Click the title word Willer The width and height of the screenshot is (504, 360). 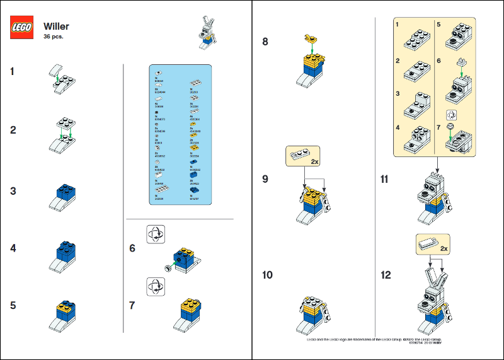[x=56, y=26]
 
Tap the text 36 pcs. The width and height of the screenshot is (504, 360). [x=54, y=37]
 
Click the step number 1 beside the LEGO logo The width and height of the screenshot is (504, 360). [x=13, y=71]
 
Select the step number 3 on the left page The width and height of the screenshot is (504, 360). [x=13, y=191]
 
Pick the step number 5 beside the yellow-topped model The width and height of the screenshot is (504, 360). [x=13, y=305]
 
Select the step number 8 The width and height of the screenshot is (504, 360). [x=265, y=42]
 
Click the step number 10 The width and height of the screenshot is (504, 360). [x=267, y=275]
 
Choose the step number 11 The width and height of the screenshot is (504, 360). [x=385, y=178]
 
